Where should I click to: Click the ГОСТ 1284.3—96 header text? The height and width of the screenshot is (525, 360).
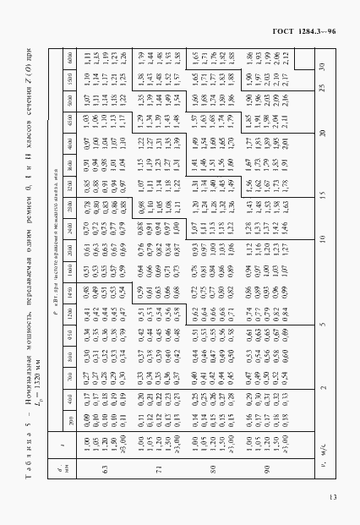pos(305,31)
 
